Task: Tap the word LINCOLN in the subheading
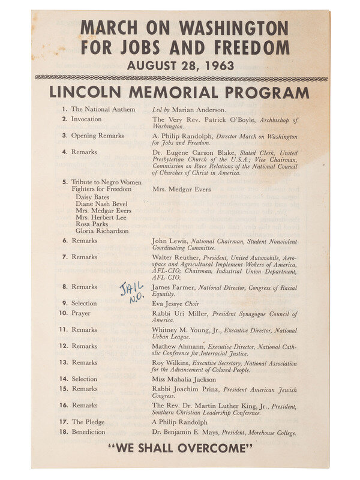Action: tap(88, 92)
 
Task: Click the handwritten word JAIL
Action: tap(132, 289)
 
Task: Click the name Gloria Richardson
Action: tap(102, 231)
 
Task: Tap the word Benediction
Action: tap(88, 432)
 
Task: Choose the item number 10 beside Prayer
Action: tap(63, 313)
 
